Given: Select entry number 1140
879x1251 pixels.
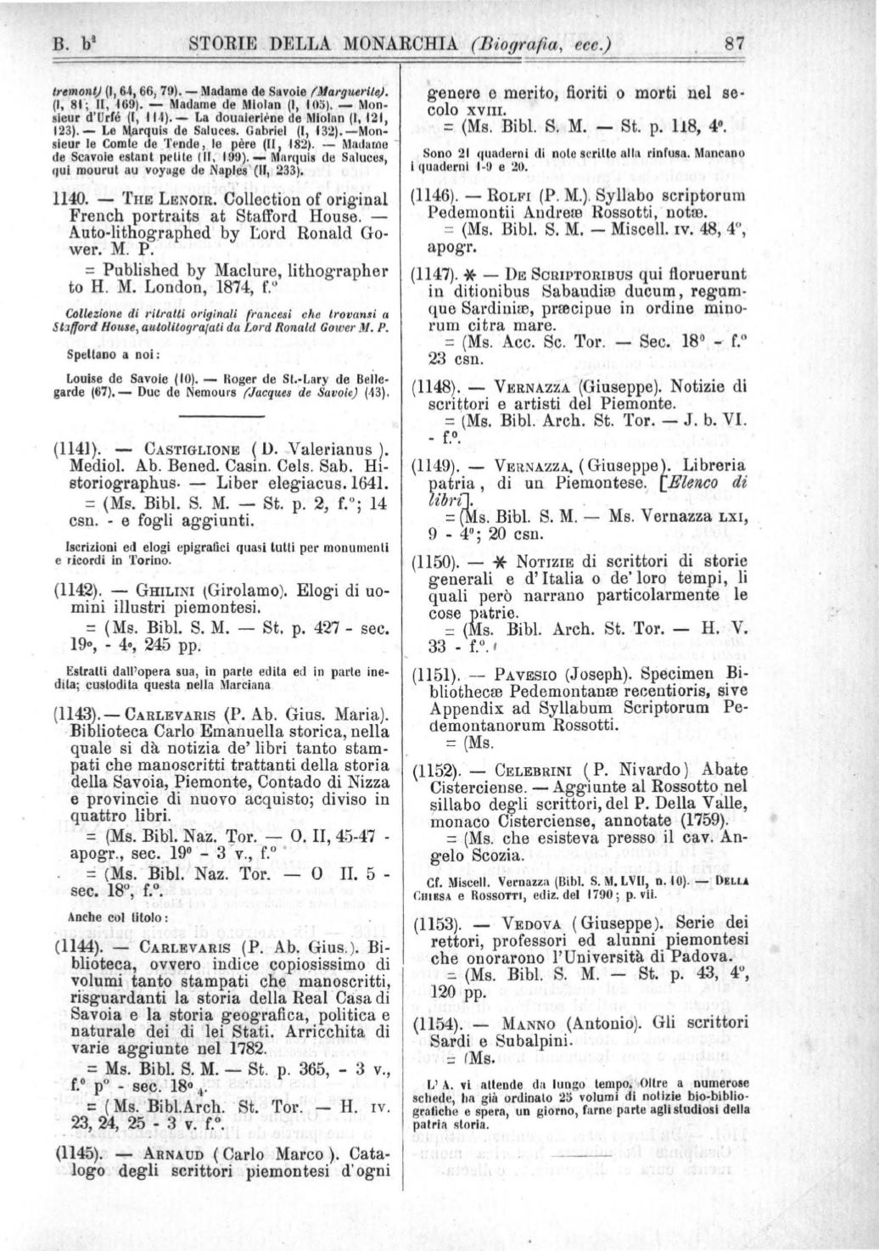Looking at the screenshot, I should coord(70,199).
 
